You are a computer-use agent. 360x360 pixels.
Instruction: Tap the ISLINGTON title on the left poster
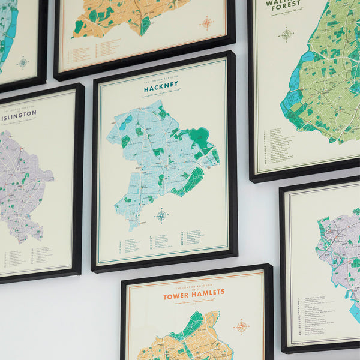pyautogui.click(x=20, y=117)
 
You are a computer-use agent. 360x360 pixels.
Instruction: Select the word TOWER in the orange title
pyautogui.click(x=179, y=295)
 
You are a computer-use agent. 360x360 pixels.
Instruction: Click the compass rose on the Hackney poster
pyautogui.click(x=161, y=215)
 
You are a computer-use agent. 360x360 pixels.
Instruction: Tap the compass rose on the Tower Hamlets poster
pyautogui.click(x=242, y=326)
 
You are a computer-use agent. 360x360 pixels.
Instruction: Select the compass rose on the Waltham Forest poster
pyautogui.click(x=286, y=34)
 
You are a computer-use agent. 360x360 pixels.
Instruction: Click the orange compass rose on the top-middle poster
pyautogui.click(x=207, y=23)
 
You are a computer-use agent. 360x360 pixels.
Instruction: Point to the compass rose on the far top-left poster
pyautogui.click(x=23, y=62)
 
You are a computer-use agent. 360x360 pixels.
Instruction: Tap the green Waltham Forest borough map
pyautogui.click(x=327, y=78)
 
